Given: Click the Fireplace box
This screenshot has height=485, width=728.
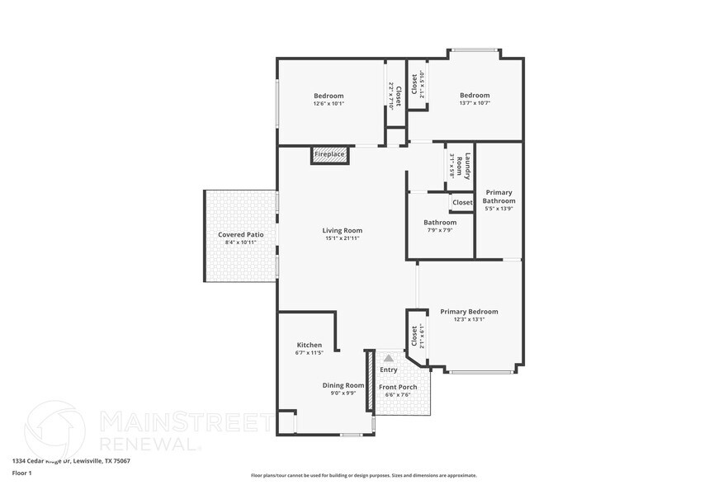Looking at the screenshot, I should pyautogui.click(x=329, y=154).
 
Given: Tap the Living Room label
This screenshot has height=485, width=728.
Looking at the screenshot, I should pyautogui.click(x=342, y=231).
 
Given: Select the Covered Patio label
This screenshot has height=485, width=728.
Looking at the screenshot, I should pyautogui.click(x=241, y=235).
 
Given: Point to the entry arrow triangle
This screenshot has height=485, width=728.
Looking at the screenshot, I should pyautogui.click(x=389, y=358).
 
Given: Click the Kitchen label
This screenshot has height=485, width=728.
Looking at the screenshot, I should pyautogui.click(x=309, y=345).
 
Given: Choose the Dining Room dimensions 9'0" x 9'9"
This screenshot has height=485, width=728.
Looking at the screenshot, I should pyautogui.click(x=343, y=393).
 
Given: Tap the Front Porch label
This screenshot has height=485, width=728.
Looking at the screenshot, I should pyautogui.click(x=397, y=387).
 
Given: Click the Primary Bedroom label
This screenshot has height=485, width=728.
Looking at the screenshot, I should pyautogui.click(x=469, y=312).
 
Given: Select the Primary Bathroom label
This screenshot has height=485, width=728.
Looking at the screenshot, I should pyautogui.click(x=499, y=196).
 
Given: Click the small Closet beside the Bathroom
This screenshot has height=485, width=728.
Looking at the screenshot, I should pyautogui.click(x=462, y=202).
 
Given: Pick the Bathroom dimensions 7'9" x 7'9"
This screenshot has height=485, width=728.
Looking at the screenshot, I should pyautogui.click(x=440, y=230).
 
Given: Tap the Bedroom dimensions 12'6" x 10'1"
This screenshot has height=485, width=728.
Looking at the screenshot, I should pyautogui.click(x=329, y=104).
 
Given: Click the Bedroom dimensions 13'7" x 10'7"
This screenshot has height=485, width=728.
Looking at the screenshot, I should pyautogui.click(x=475, y=104).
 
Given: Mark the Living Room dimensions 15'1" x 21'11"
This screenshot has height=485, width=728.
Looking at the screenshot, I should pyautogui.click(x=342, y=238).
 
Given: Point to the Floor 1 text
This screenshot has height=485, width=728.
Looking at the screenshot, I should pyautogui.click(x=22, y=473).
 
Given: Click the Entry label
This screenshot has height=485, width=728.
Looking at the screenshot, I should pyautogui.click(x=388, y=370).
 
